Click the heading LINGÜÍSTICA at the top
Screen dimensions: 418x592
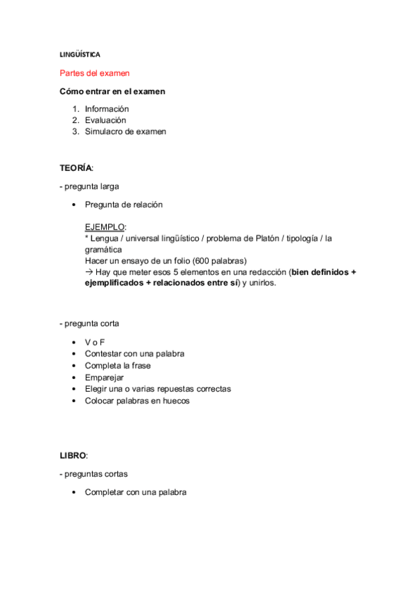coord(80,54)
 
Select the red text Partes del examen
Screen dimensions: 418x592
coord(94,73)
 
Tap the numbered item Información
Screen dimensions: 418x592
coord(107,109)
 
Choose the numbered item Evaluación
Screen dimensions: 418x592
coord(105,120)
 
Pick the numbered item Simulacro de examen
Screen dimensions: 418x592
coord(125,131)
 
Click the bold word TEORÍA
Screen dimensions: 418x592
coord(75,168)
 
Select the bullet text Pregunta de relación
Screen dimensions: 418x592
coord(124,205)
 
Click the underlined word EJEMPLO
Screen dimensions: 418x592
coord(105,227)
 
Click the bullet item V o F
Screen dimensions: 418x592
coord(95,343)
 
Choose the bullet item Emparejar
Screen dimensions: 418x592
coord(104,377)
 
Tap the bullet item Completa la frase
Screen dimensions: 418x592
coord(117,366)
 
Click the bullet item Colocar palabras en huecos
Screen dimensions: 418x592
coord(137,401)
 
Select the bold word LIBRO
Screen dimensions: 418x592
coord(73,455)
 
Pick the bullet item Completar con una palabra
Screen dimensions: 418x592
coord(135,492)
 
